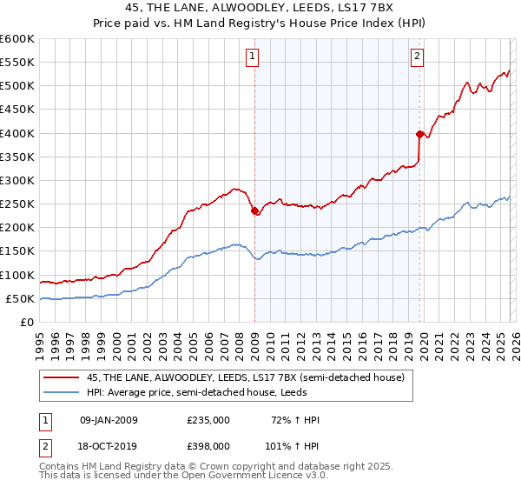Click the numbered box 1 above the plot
pyautogui.click(x=253, y=57)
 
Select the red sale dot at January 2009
pyautogui.click(x=254, y=210)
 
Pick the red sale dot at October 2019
pyautogui.click(x=419, y=134)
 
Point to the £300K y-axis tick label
pyautogui.click(x=17, y=181)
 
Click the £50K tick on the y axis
pyautogui.click(x=21, y=298)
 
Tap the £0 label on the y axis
pyautogui.click(x=28, y=322)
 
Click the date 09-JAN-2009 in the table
pyautogui.click(x=109, y=420)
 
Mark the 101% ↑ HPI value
pyautogui.click(x=293, y=444)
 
